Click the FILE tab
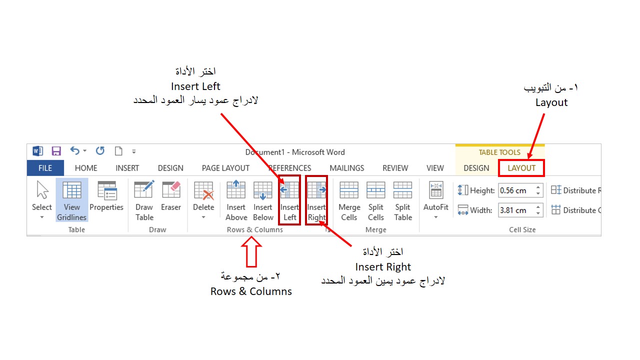click(45, 168)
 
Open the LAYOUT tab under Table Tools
click(521, 168)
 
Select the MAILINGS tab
click(346, 168)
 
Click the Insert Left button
click(289, 200)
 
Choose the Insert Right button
click(316, 200)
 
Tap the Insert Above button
click(236, 200)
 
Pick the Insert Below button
click(263, 200)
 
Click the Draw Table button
click(144, 200)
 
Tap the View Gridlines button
click(72, 200)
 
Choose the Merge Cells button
click(349, 200)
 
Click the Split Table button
click(403, 200)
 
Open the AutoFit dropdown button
click(436, 200)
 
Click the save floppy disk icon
click(56, 151)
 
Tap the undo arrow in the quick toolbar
click(75, 151)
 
